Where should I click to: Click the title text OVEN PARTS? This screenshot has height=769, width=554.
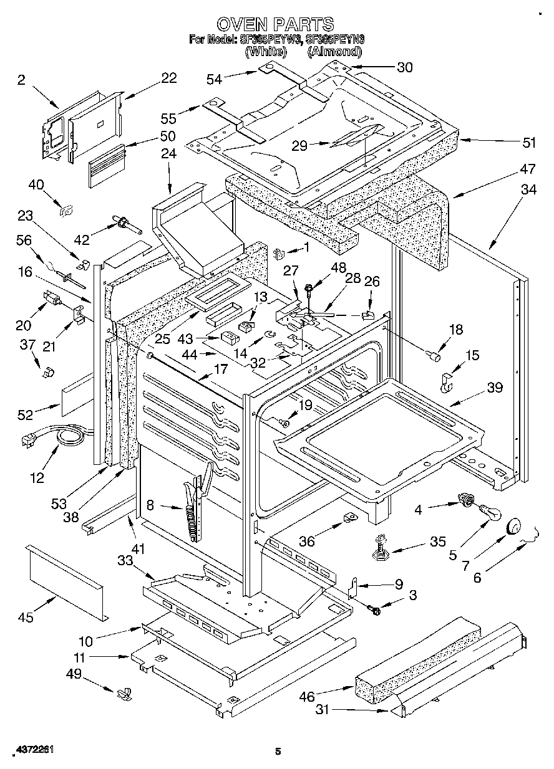click(x=275, y=24)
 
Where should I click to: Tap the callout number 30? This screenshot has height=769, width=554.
click(x=404, y=68)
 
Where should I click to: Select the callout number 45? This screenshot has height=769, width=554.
click(x=26, y=618)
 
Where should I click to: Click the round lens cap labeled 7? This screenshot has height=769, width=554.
click(x=513, y=527)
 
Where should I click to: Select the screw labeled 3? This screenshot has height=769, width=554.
click(x=375, y=611)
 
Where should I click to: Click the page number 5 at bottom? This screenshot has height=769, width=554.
click(x=277, y=751)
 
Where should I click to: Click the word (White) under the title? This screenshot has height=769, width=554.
click(x=266, y=52)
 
